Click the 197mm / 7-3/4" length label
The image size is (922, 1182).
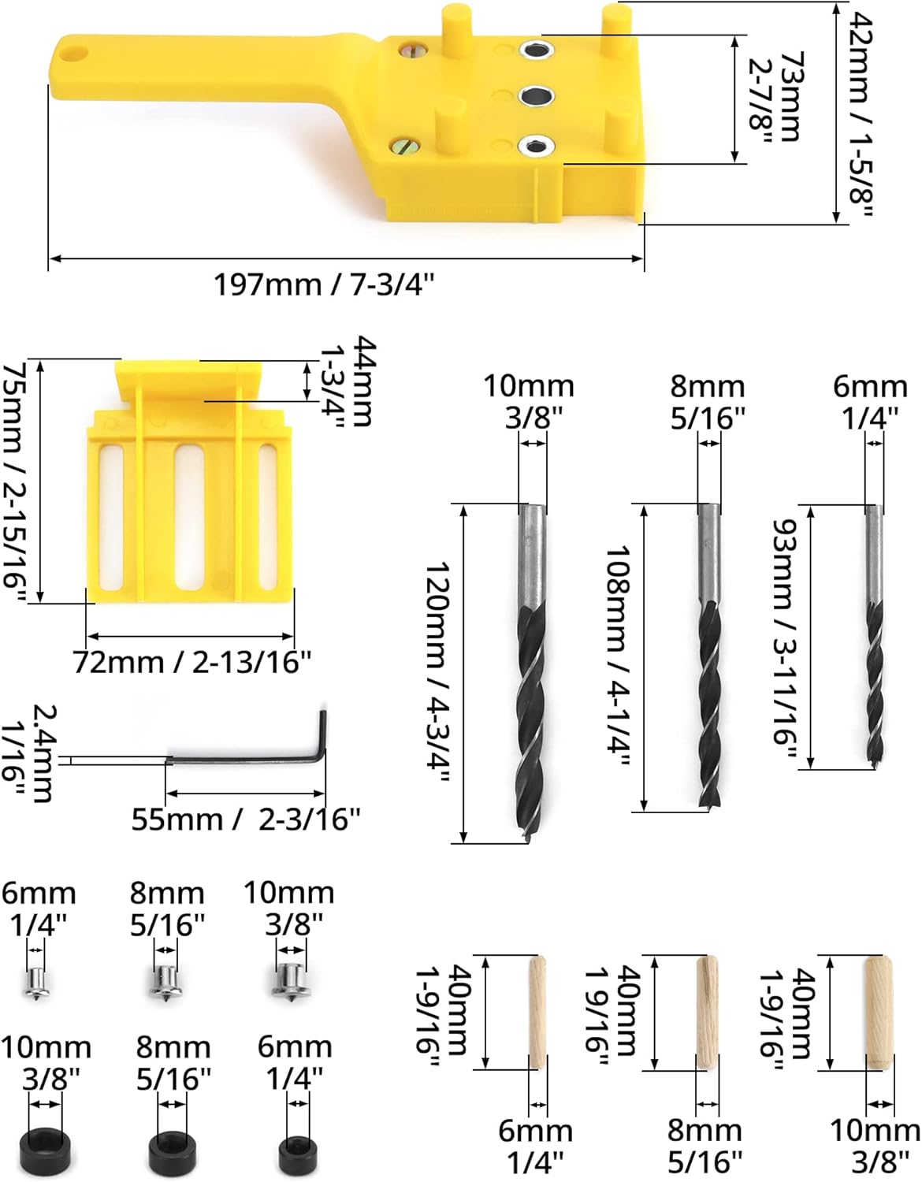click(325, 284)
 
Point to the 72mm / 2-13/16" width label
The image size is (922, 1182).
click(192, 662)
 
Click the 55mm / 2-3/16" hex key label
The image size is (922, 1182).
click(246, 820)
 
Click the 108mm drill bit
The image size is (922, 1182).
click(709, 657)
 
